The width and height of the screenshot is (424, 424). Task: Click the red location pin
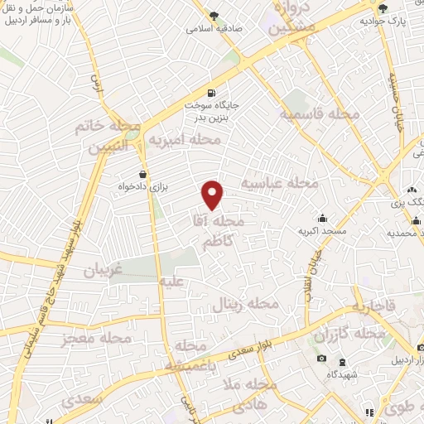(214, 195)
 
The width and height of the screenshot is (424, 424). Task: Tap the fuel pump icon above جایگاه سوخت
(213, 93)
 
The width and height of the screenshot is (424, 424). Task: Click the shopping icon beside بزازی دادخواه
(145, 174)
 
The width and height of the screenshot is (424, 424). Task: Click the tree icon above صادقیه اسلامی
(214, 17)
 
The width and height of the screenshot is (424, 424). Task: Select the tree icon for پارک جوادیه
(383, 8)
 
